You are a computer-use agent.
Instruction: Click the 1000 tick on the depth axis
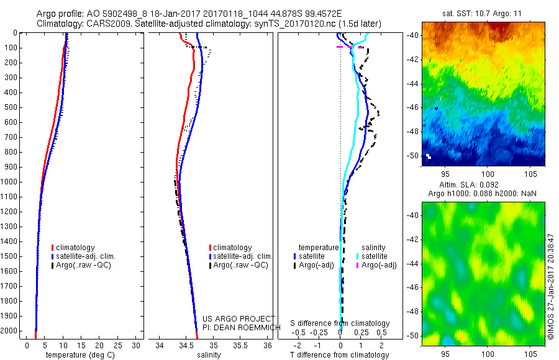point(11,182)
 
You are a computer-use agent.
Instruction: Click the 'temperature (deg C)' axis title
point(78,355)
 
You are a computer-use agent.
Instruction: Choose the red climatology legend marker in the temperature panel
point(53,248)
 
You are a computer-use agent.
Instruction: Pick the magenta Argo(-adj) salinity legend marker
point(358,265)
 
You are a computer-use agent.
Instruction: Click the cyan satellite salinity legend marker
point(358,256)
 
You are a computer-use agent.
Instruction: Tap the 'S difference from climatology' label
point(340,323)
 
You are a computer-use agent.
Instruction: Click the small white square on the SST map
point(428,155)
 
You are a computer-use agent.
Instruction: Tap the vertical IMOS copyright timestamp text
point(551,286)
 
